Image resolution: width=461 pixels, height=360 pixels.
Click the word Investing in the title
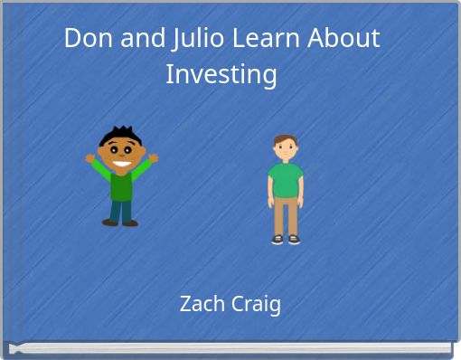point(221,73)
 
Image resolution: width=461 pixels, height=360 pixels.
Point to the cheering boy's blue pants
point(120,210)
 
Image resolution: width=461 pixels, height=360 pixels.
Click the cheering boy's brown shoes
point(120,223)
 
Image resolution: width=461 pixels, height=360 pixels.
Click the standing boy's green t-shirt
point(286,179)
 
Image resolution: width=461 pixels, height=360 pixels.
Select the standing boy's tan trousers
point(286,215)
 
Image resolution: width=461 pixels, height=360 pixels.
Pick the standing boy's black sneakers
point(286,240)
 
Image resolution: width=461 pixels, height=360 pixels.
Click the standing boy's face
point(286,149)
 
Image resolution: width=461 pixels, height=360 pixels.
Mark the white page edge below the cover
point(230,348)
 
